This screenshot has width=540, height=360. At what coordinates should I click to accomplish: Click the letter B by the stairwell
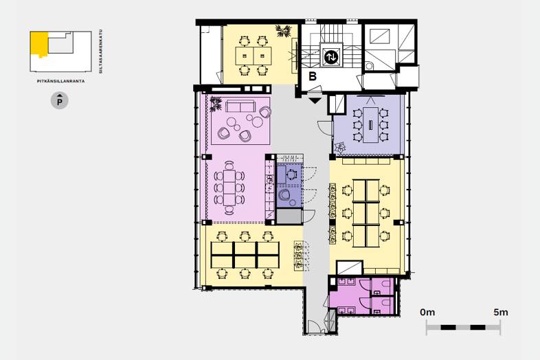(313, 76)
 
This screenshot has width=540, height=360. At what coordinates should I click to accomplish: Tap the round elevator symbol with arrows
(331, 57)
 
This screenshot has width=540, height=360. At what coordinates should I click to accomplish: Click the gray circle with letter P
(60, 101)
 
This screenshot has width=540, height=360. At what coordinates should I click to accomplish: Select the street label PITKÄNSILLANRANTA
(61, 81)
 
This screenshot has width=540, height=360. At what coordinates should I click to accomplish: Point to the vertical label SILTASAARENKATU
(101, 51)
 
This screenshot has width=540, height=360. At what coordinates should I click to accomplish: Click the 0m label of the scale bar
(427, 313)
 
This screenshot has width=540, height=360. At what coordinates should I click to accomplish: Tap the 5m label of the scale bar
(501, 313)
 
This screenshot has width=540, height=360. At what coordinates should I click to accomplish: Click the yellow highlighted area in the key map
(39, 44)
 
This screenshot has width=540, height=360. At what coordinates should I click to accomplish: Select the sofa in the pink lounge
(240, 106)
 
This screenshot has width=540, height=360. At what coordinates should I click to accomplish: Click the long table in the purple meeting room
(370, 125)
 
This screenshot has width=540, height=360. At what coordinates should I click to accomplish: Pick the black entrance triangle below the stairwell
(315, 100)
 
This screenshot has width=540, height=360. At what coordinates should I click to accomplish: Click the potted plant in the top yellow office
(284, 32)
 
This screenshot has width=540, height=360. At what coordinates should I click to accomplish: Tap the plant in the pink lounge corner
(216, 104)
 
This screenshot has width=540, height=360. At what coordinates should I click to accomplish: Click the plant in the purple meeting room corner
(340, 148)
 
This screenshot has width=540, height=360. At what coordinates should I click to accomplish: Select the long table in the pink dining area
(229, 188)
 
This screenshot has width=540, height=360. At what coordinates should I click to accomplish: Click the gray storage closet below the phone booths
(289, 216)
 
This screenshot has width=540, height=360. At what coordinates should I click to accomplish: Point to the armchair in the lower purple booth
(285, 195)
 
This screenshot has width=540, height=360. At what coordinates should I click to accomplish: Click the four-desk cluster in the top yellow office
(254, 56)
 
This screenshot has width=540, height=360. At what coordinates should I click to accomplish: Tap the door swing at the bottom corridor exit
(314, 327)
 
